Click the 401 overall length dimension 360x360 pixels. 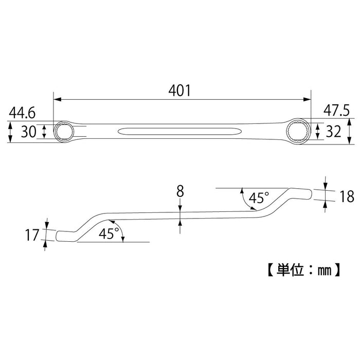[x=180, y=91]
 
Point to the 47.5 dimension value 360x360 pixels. [x=337, y=111]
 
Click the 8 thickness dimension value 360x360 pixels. [x=180, y=191]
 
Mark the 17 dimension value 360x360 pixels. [x=32, y=236]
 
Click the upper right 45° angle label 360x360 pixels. [x=259, y=197]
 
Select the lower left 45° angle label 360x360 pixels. [x=109, y=233]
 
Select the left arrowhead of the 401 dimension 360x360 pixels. [x=57, y=98]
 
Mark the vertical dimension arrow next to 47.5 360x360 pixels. [x=349, y=131]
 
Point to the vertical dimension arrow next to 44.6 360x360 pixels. [x=11, y=132]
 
